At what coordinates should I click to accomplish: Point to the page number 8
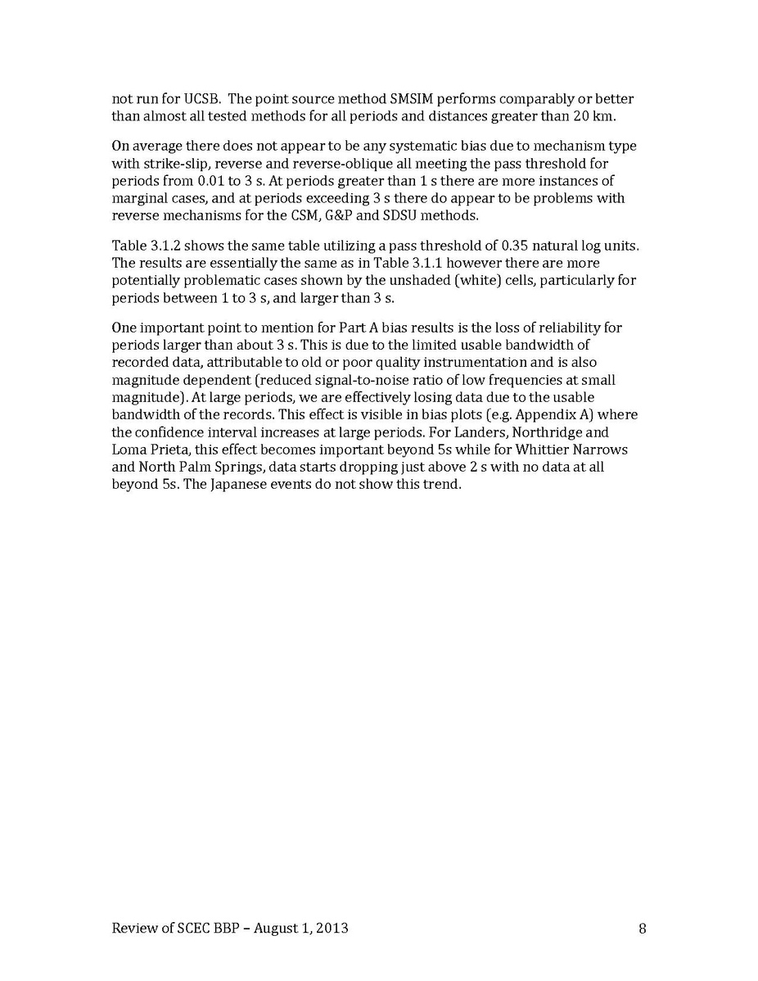point(643,929)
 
